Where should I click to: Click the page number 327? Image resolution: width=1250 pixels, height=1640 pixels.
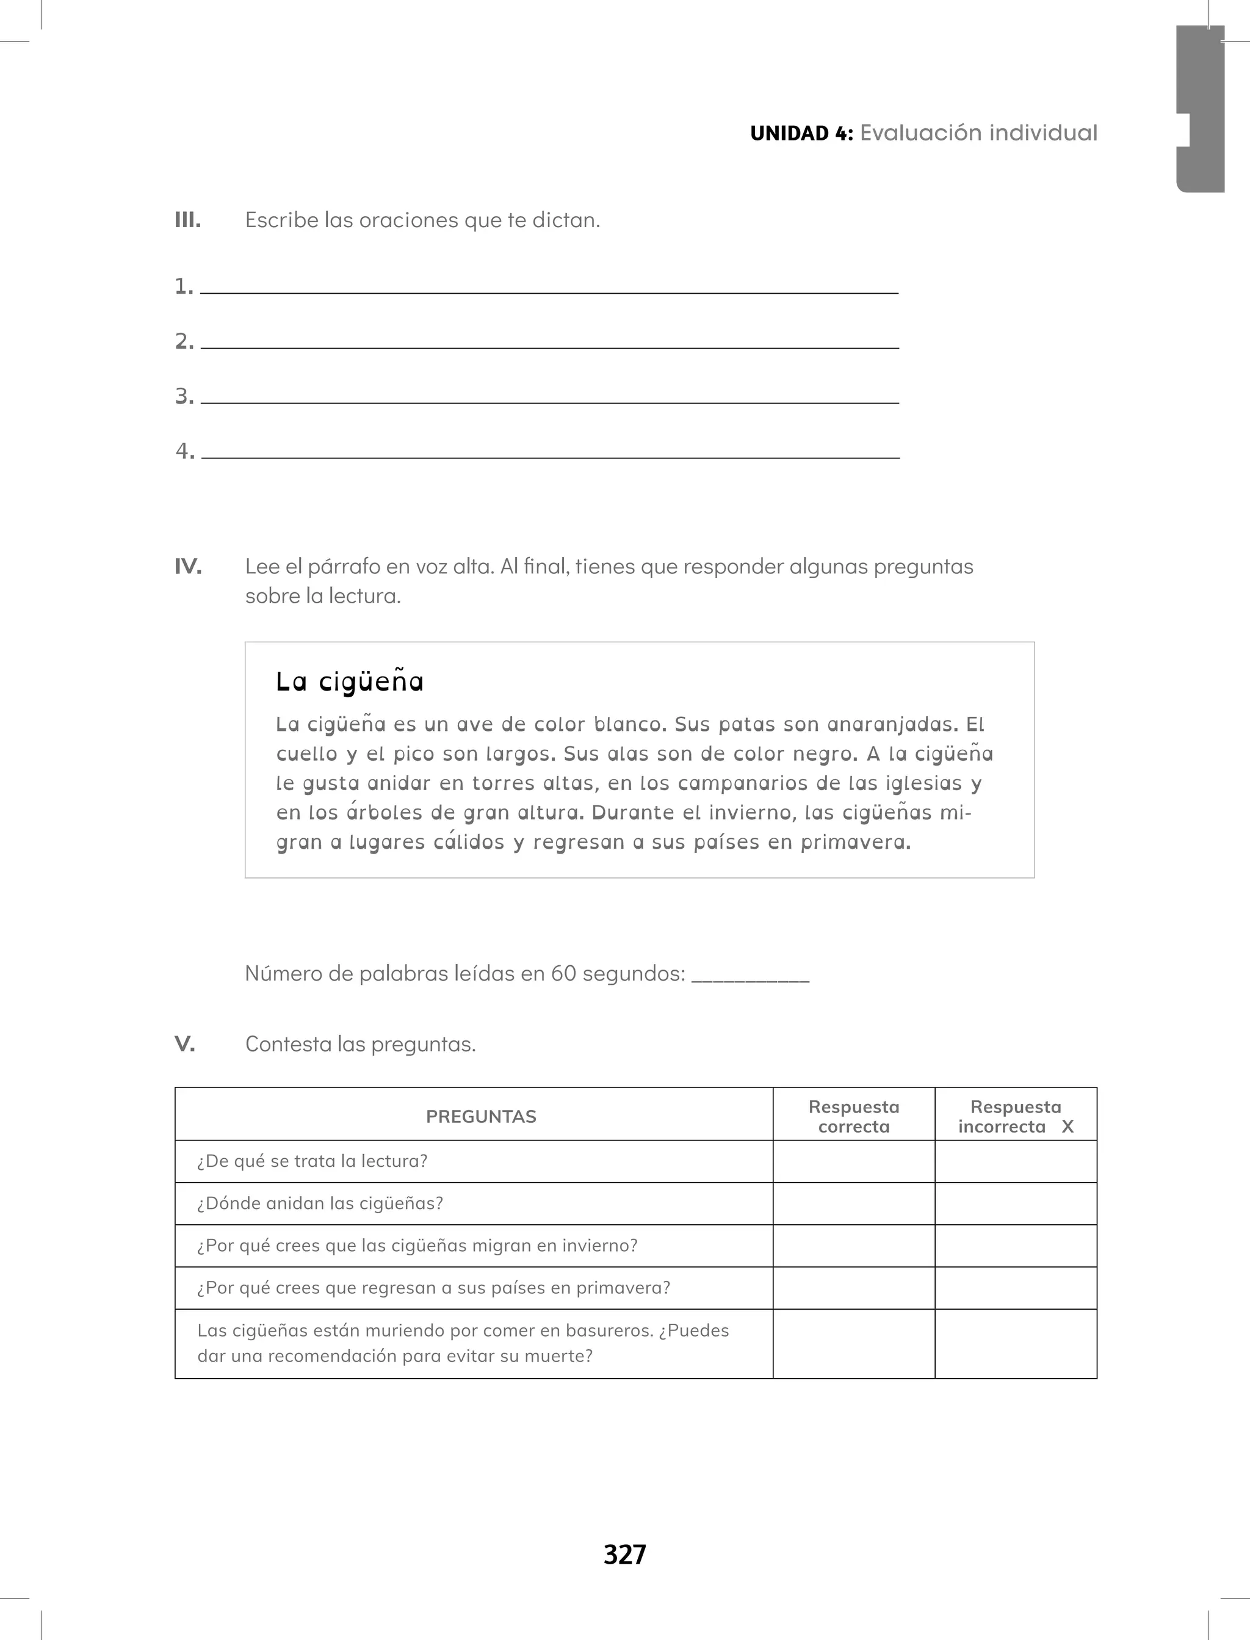624,1555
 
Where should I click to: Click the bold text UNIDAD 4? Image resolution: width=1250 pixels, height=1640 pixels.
801,133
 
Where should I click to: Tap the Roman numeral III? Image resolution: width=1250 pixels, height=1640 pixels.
187,220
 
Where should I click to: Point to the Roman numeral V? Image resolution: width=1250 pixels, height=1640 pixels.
184,1044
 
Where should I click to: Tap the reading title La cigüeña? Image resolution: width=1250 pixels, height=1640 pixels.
349,681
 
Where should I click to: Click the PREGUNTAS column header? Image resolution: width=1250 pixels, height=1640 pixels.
481,1116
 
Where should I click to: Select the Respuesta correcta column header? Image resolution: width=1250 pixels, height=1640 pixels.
853,1116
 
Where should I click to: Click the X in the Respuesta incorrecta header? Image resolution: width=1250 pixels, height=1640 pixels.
1068,1127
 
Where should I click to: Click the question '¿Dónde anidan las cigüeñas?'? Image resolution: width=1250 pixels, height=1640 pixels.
320,1203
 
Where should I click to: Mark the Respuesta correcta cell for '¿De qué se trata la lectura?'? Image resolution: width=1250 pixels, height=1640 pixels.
853,1161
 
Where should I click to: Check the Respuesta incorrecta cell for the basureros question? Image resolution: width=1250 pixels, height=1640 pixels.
1016,1343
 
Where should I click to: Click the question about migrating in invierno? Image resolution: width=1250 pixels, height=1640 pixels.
417,1246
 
